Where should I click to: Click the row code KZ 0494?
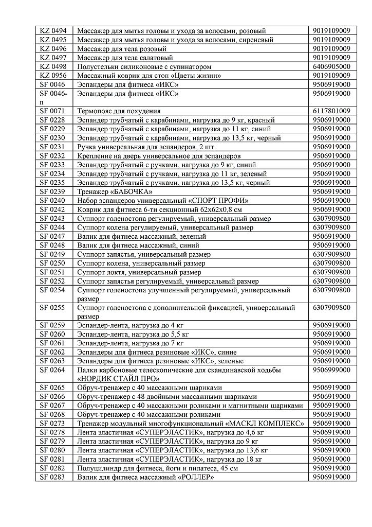53,31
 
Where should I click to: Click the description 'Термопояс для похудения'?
119,111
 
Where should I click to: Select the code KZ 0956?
53,76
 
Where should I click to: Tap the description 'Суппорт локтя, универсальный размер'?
139,272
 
